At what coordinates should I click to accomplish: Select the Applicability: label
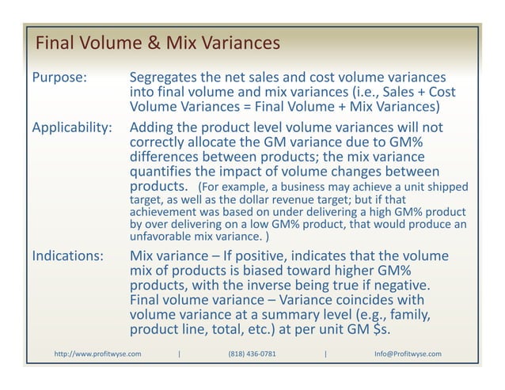coord(71,127)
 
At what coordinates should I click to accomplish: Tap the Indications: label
coord(67,256)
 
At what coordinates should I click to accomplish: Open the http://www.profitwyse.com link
coord(97,354)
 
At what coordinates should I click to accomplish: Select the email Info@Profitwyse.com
coord(408,354)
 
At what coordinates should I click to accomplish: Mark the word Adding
coord(154,127)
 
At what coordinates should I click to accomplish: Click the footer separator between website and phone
coord(180,354)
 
